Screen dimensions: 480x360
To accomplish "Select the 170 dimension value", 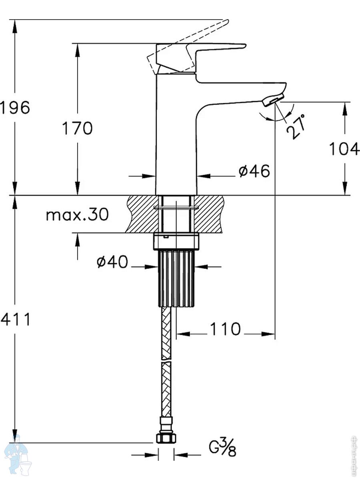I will pos(77,128).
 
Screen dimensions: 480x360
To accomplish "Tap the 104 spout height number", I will pos(344,149).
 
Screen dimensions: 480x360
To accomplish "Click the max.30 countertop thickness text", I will pos(77,215).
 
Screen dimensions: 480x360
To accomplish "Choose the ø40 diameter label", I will pos(112,262).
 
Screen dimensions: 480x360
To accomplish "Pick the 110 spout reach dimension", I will pos(225,329).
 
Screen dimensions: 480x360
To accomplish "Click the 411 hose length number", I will pos(15,320).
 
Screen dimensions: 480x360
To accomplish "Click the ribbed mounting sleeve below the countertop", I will pos(176,278).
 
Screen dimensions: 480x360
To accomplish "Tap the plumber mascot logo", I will pos(17,456).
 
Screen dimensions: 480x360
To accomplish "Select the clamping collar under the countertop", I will pos(176,241).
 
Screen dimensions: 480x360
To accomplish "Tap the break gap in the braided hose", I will pos(166,360).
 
